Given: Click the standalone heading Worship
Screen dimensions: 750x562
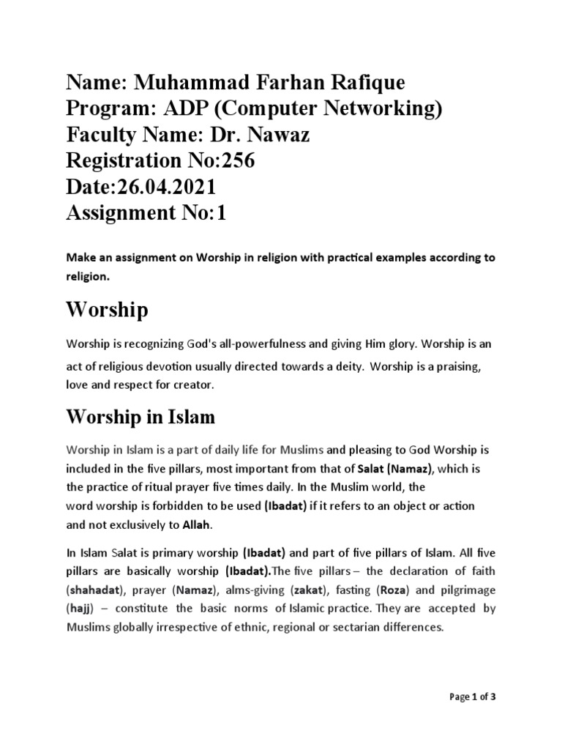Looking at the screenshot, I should [107, 310].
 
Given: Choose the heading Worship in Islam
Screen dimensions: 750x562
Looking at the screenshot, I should [140, 417].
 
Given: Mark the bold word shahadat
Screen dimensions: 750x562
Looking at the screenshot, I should [94, 589].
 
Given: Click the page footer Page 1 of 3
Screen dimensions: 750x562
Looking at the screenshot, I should [471, 697].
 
